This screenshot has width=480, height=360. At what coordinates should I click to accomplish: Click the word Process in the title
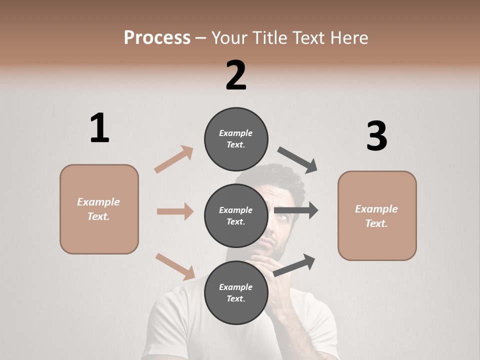point(157,37)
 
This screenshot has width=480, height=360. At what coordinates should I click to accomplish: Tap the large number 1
point(99,128)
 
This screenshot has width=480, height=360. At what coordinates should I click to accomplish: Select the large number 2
point(236,75)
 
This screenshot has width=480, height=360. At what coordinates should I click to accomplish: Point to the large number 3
point(376,136)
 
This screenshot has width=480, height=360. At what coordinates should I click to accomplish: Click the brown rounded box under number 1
point(99,209)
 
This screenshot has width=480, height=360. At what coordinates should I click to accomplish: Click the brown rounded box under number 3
point(377,216)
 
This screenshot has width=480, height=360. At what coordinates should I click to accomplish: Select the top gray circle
point(236,139)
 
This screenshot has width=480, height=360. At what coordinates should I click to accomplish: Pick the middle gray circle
point(236,215)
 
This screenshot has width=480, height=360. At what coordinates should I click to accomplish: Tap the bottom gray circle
point(236,292)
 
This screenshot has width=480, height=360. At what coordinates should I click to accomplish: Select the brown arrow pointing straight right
point(175,211)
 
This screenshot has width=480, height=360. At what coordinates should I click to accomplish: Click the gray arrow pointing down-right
point(297,159)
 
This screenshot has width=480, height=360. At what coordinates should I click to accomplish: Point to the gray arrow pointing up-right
point(294,264)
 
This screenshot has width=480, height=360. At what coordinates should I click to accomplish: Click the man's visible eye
point(280,217)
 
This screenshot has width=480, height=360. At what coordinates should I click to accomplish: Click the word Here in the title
point(350,37)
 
